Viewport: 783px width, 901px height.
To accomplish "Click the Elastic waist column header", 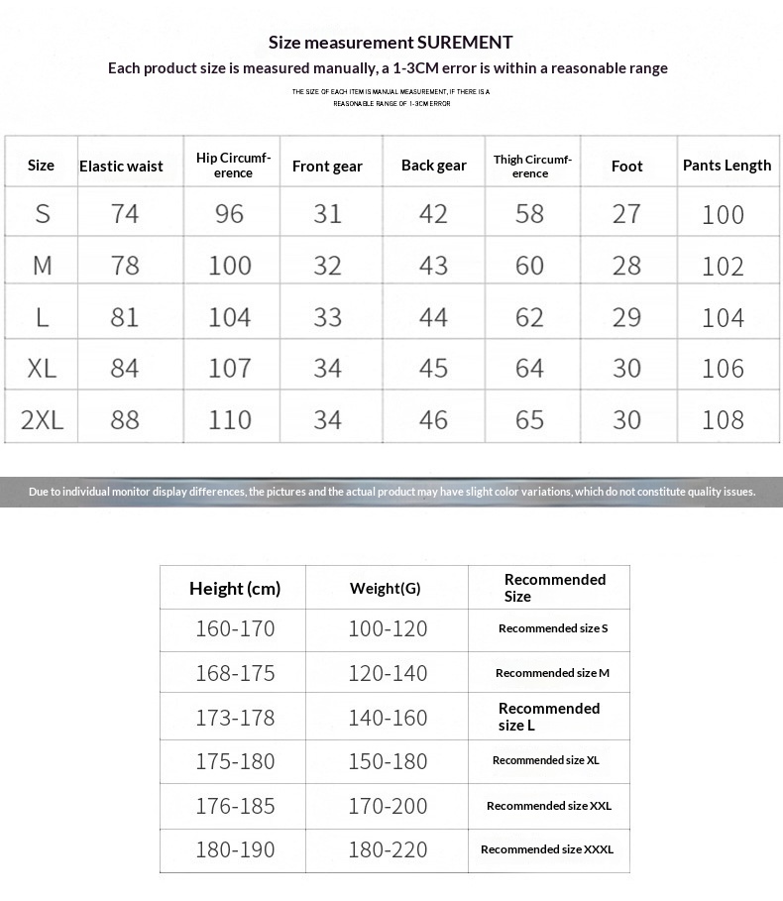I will [x=121, y=166].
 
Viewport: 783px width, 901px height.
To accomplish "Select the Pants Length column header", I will [x=727, y=166].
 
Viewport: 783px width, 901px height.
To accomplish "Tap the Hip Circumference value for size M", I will [x=230, y=266].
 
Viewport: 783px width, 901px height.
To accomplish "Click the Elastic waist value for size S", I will [x=125, y=214].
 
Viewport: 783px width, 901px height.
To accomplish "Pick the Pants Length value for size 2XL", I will [x=723, y=420].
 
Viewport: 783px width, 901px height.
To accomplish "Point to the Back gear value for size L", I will [x=433, y=317].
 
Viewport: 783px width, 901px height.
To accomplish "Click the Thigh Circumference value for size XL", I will [x=529, y=369].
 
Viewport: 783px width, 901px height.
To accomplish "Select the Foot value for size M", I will [x=626, y=266].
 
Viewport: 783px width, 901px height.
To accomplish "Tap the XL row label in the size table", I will [x=42, y=369].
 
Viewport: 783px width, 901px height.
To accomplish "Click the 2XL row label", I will [x=42, y=420].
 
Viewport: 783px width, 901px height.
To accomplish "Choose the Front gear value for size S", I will [x=327, y=214].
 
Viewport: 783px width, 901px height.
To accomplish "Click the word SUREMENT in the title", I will [x=465, y=42].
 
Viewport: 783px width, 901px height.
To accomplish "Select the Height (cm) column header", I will [x=235, y=589].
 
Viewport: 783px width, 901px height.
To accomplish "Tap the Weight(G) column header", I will [x=386, y=589].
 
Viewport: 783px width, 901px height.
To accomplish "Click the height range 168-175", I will [x=235, y=673].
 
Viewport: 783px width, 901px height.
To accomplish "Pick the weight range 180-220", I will [x=388, y=849].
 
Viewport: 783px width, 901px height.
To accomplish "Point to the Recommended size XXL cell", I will [x=549, y=806].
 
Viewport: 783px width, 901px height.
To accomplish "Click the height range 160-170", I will [x=235, y=628].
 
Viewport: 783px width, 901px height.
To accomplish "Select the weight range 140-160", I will [x=388, y=718].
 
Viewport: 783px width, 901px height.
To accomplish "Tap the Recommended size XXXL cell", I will [x=547, y=849].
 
